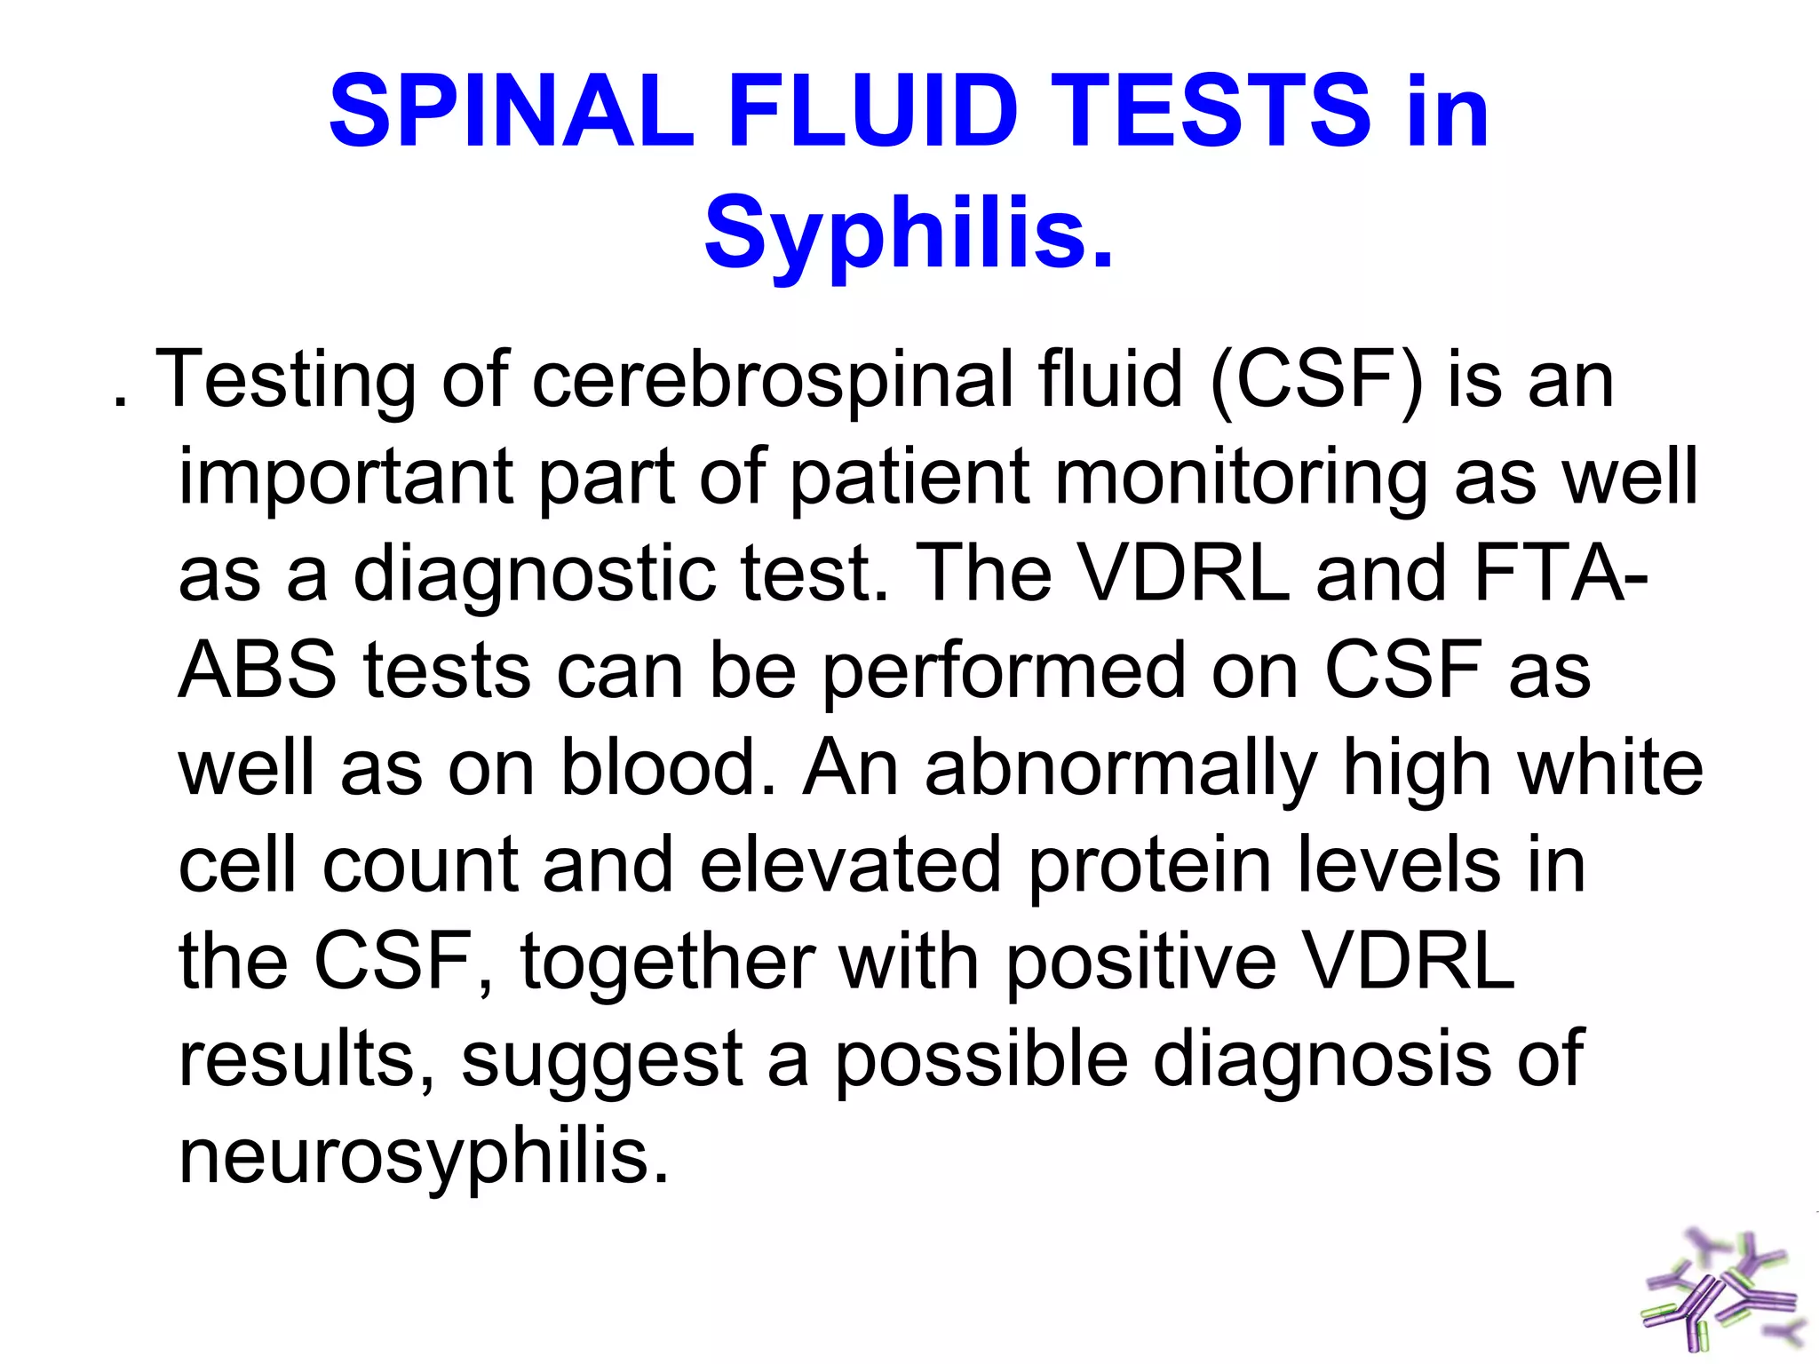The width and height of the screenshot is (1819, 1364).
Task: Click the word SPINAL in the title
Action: pyautogui.click(x=512, y=112)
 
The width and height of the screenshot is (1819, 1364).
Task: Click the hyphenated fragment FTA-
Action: pyautogui.click(x=1561, y=573)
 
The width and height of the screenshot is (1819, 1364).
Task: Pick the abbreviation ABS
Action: pyautogui.click(x=258, y=670)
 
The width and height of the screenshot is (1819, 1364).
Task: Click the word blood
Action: pyautogui.click(x=668, y=767)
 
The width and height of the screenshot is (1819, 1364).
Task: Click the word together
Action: pyautogui.click(x=668, y=962)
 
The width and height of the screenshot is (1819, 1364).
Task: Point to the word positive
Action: pyautogui.click(x=1140, y=962)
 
